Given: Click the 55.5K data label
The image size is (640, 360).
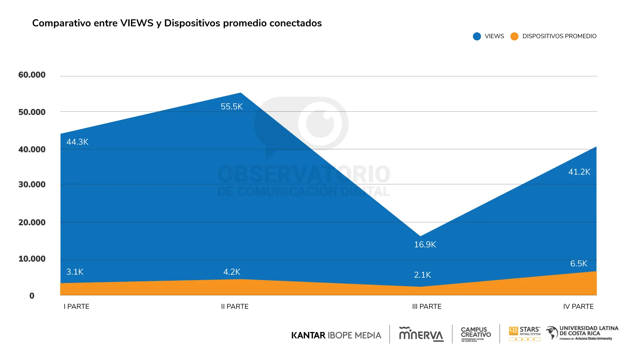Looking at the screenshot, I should [x=232, y=107].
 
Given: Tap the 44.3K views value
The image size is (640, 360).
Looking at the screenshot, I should [x=77, y=142].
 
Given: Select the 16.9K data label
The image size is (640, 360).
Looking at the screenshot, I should [x=425, y=245].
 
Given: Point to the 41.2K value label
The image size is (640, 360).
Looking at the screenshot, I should [x=579, y=172].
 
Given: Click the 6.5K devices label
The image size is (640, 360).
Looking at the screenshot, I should [x=579, y=264].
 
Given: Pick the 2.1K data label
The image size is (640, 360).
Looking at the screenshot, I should [x=422, y=275].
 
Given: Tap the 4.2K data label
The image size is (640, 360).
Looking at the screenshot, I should [x=232, y=272].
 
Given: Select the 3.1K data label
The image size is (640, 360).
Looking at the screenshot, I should [x=75, y=272].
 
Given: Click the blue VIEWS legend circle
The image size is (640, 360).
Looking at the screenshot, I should [x=477, y=36].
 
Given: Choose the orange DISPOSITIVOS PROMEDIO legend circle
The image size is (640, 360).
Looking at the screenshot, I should [x=514, y=36].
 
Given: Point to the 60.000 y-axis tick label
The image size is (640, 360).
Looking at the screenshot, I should [x=32, y=75].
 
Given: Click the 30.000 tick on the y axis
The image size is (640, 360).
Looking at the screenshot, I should [x=32, y=185].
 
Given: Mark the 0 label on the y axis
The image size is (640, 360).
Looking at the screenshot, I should [x=32, y=296].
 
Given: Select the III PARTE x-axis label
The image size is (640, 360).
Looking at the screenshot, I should [x=427, y=307].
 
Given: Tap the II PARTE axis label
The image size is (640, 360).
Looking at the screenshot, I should [x=235, y=307].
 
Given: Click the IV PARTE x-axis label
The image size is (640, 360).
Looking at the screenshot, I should [x=578, y=307].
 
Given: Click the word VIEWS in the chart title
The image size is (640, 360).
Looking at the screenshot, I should [x=137, y=23].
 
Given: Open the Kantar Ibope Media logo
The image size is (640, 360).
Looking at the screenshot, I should [x=336, y=335].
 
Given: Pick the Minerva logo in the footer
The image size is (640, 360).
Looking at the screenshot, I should [x=421, y=334].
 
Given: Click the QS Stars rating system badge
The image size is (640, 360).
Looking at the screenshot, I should [x=525, y=334].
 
